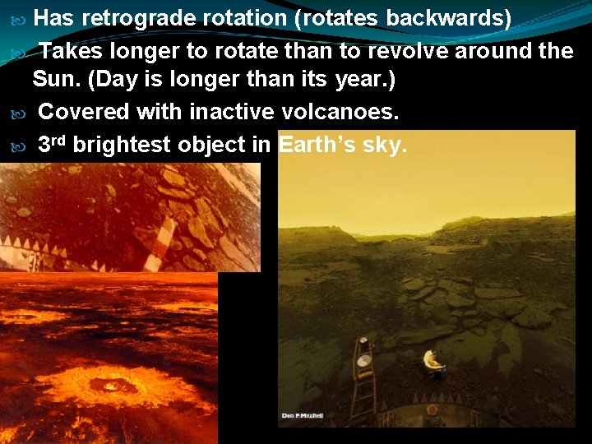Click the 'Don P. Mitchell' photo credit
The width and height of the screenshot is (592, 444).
pyautogui.click(x=302, y=415)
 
